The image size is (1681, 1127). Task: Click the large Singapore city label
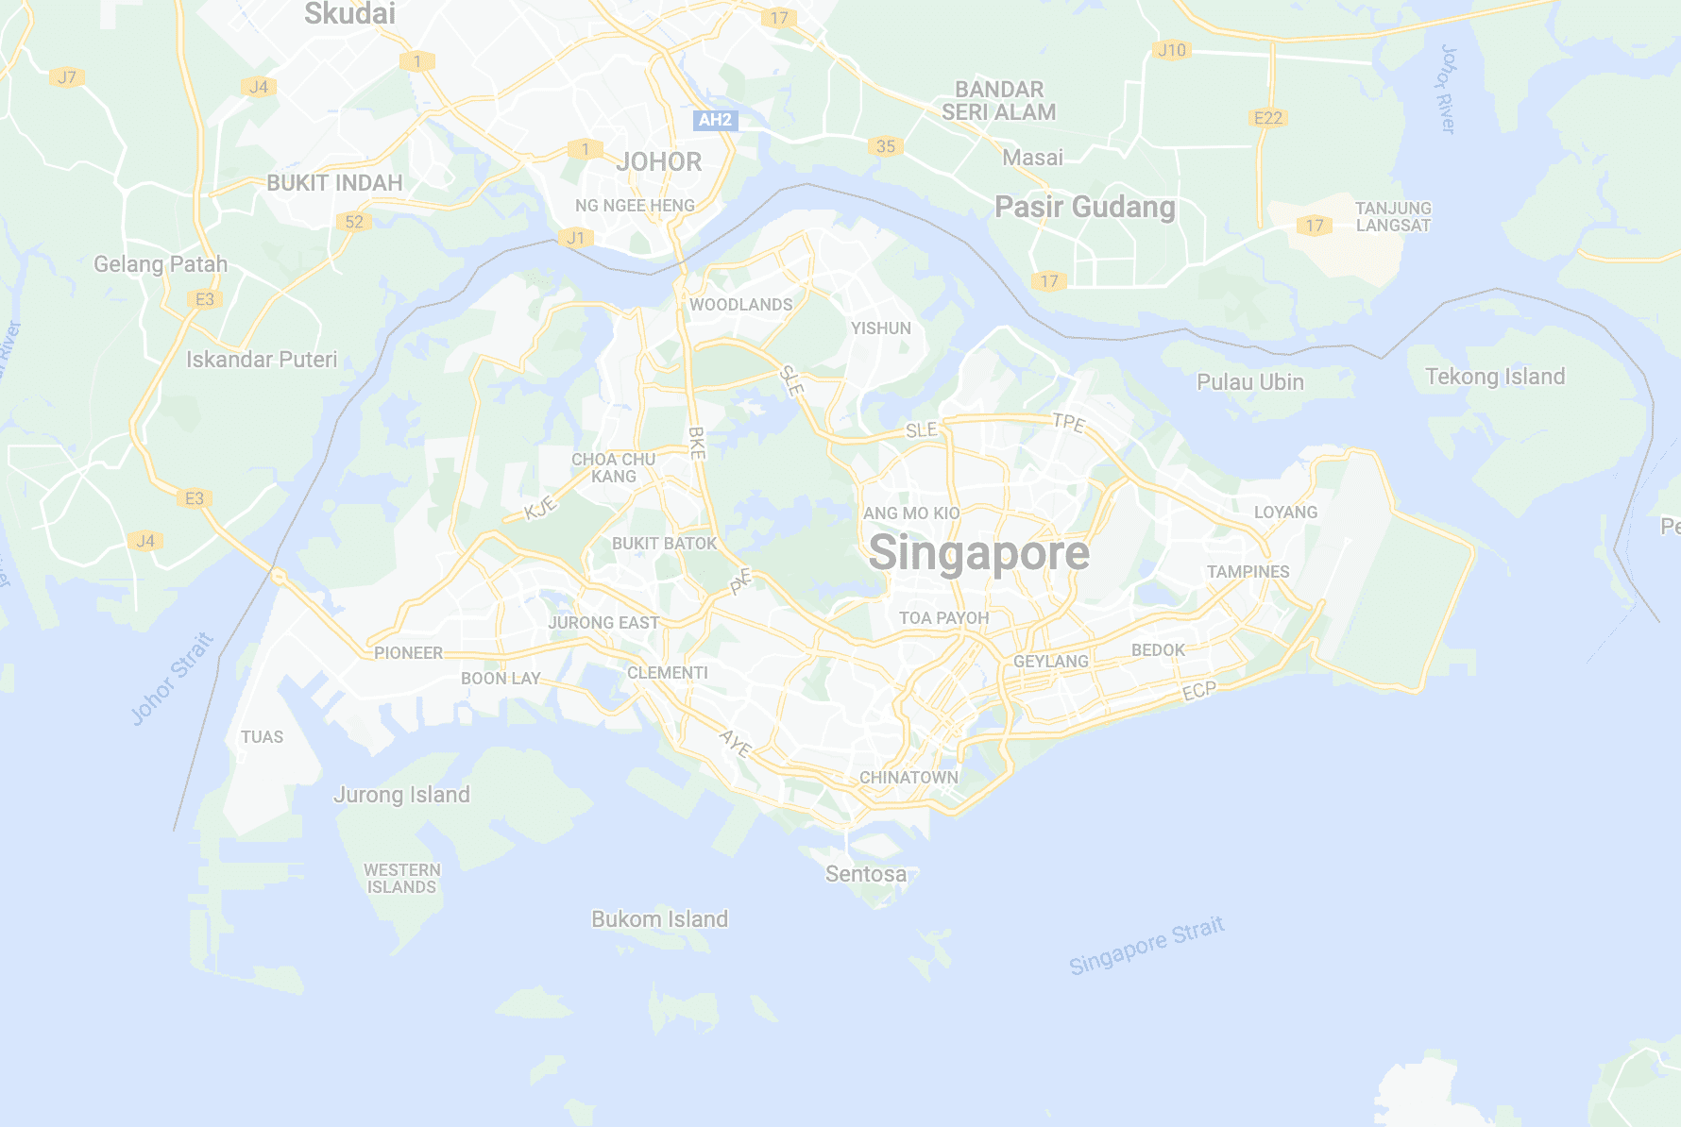[978, 553]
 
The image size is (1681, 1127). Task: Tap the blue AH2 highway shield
[715, 120]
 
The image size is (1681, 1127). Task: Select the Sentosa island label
[866, 874]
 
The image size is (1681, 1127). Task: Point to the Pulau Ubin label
[1249, 382]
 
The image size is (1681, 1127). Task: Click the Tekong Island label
[1495, 377]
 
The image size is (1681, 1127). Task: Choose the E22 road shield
[1267, 118]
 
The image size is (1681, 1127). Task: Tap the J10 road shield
[1172, 50]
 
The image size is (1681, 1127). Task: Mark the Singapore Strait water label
[1146, 945]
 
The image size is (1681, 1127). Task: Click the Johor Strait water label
[172, 679]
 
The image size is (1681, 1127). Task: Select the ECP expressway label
[1199, 691]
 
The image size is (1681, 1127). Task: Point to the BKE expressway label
[697, 443]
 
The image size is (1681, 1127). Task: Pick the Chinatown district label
[908, 778]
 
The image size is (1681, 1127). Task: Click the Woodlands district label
[740, 305]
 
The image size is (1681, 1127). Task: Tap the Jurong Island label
[401, 795]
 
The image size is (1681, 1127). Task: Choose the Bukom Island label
[659, 919]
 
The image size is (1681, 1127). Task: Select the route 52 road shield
[354, 222]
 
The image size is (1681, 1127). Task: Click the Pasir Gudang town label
[1085, 207]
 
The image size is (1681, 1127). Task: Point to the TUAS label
[262, 737]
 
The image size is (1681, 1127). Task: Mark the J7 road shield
[66, 77]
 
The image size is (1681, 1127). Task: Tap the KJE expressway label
[541, 509]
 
